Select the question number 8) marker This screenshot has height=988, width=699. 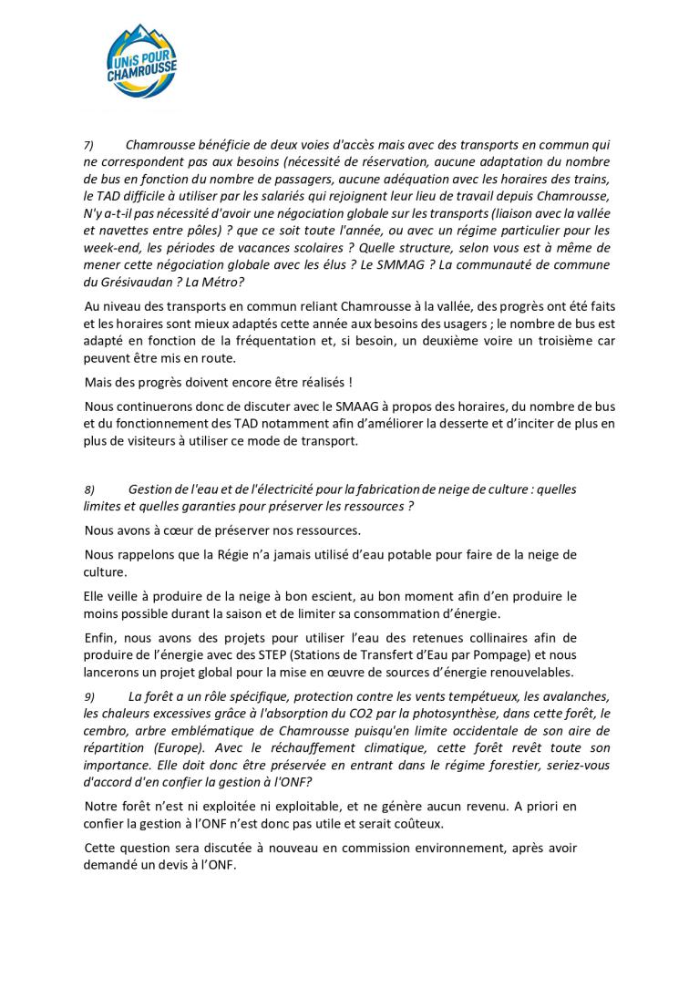tap(89, 490)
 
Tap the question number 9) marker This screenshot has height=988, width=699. tap(89, 697)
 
